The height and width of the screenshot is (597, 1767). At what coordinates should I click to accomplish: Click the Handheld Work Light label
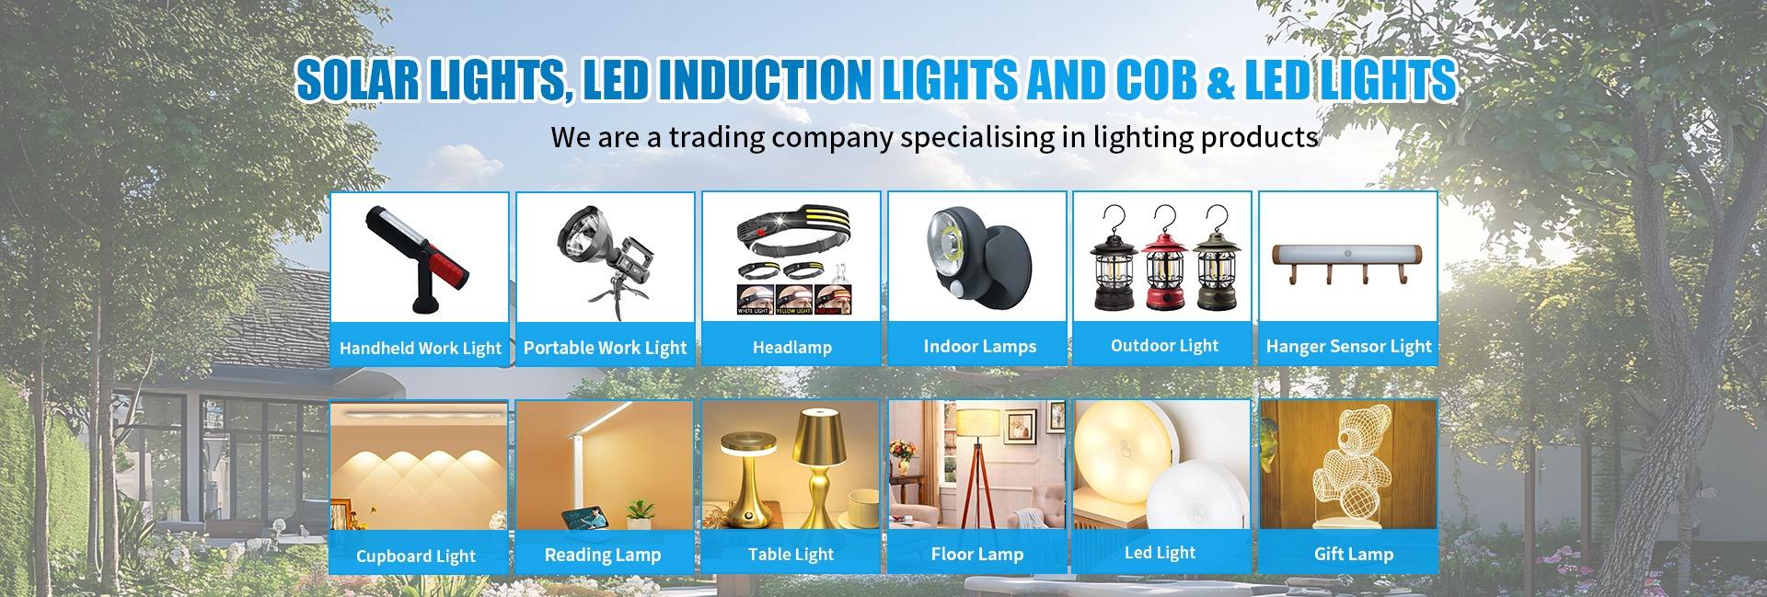[421, 349]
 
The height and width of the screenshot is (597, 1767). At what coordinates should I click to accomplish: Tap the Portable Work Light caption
[605, 348]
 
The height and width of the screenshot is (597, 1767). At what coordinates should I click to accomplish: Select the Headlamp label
[791, 348]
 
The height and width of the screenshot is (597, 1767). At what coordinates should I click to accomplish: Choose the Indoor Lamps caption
[979, 347]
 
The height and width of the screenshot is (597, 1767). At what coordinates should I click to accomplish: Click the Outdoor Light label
[1164, 346]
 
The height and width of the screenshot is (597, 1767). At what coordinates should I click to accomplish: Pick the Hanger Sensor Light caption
[1348, 347]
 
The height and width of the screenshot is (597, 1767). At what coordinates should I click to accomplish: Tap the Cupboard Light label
[416, 557]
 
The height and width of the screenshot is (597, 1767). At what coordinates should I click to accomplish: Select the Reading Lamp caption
[603, 555]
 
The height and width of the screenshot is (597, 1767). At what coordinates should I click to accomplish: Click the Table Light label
[791, 554]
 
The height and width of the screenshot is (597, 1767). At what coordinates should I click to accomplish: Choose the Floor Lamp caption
[977, 554]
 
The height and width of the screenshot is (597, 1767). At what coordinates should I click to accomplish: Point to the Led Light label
[1160, 553]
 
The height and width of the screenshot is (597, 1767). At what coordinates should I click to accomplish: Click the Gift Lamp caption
[1353, 554]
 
